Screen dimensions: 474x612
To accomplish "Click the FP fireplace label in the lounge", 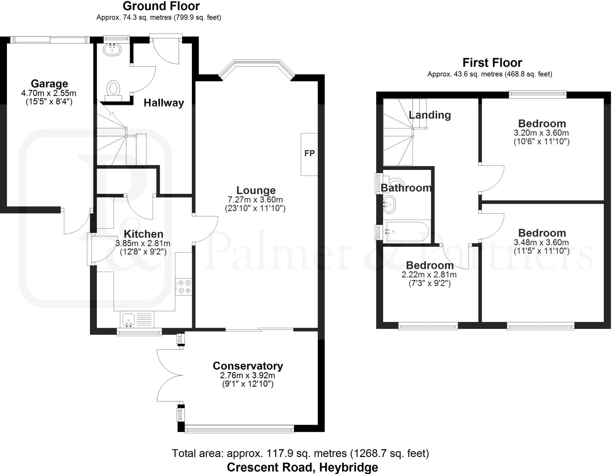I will click(x=309, y=154).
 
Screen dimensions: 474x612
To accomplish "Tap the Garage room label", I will click(x=49, y=84).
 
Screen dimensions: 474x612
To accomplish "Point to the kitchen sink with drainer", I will click(x=137, y=320).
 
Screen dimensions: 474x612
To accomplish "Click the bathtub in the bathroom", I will click(x=408, y=231).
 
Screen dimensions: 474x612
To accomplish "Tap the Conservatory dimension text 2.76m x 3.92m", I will click(x=248, y=375).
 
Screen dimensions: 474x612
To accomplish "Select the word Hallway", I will click(x=164, y=103).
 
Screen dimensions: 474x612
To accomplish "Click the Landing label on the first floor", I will click(x=430, y=115).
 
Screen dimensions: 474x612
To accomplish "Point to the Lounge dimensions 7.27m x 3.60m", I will click(x=255, y=200).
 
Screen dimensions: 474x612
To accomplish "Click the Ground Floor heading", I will click(x=161, y=6).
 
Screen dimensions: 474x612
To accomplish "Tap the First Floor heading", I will click(x=492, y=63).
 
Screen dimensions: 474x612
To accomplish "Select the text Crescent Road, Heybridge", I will click(x=302, y=467).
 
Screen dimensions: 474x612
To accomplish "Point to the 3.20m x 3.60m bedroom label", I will click(x=541, y=133).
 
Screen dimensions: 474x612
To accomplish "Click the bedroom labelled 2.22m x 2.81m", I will click(x=429, y=274).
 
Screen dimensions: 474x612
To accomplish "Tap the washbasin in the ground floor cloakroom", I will click(x=113, y=49).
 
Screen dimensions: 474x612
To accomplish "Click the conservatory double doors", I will click(x=169, y=375).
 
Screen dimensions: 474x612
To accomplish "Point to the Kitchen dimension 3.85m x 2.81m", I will click(x=143, y=243).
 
